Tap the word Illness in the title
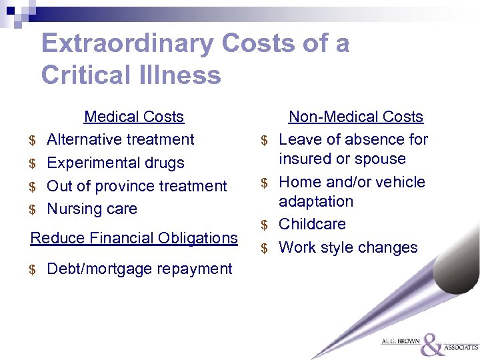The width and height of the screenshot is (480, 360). (x=179, y=75)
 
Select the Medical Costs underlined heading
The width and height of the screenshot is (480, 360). (x=133, y=117)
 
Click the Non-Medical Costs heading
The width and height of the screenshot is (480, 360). (x=355, y=117)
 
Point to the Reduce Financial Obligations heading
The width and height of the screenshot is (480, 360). (x=134, y=238)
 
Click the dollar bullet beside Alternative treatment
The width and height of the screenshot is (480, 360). (x=32, y=141)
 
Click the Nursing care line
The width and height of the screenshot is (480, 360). (x=92, y=209)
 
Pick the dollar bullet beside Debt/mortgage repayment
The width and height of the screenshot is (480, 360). (x=32, y=270)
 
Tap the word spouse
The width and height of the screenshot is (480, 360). (x=381, y=159)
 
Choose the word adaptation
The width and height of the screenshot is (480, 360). (x=316, y=201)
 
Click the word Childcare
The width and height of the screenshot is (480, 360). (x=312, y=224)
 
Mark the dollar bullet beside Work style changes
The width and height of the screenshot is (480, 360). (x=264, y=249)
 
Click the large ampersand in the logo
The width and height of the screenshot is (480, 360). (x=432, y=344)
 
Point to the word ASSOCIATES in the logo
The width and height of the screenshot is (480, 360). (x=461, y=347)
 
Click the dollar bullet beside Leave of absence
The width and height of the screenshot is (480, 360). (x=264, y=141)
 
